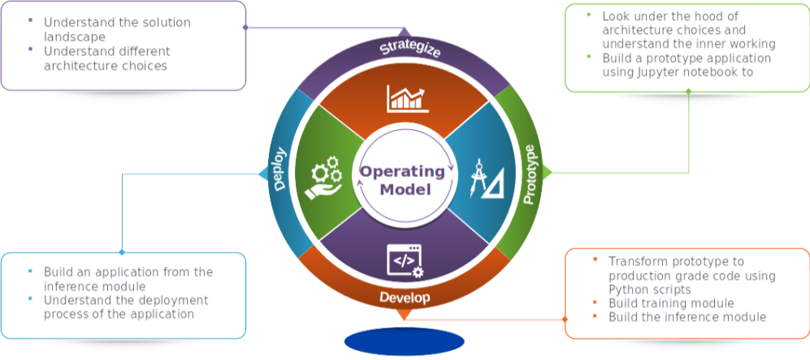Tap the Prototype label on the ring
tap(532, 175)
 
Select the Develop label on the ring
tap(404, 297)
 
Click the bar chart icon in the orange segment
tap(406, 98)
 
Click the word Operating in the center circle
tap(403, 171)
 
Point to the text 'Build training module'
tap(660, 302)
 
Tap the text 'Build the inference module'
tap(687, 316)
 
